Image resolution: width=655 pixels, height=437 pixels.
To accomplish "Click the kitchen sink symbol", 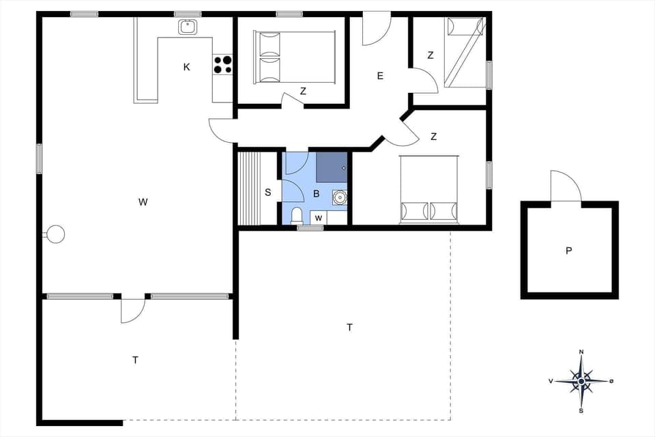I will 188,27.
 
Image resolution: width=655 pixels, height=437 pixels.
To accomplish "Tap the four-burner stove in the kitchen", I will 222,64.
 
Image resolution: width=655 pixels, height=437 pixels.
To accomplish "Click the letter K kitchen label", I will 186,67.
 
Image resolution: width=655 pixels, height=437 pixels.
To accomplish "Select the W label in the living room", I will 143,201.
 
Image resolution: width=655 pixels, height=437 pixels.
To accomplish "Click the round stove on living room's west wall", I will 55,234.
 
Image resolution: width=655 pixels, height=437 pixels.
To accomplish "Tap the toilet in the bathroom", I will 296,216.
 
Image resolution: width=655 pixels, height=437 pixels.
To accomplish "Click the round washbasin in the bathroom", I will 339,197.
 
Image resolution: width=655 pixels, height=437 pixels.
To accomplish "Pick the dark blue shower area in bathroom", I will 332,167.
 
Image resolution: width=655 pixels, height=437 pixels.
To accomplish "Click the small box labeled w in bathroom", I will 318,218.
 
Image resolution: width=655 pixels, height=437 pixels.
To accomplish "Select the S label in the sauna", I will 267,193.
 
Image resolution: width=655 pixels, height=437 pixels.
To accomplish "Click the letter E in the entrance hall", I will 380,76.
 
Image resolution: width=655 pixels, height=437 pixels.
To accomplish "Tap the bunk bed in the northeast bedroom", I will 465,53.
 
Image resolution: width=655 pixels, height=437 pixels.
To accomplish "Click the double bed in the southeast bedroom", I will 429,189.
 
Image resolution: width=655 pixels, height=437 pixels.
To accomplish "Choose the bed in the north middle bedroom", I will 295,57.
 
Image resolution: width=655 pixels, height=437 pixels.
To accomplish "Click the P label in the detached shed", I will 568,251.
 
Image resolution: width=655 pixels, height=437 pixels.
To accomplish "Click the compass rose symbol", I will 581,381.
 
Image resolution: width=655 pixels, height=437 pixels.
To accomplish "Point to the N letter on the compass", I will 581,352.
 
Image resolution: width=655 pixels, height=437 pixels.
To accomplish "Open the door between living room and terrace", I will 132,309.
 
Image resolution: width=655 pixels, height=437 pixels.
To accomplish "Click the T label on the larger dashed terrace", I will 349,328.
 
